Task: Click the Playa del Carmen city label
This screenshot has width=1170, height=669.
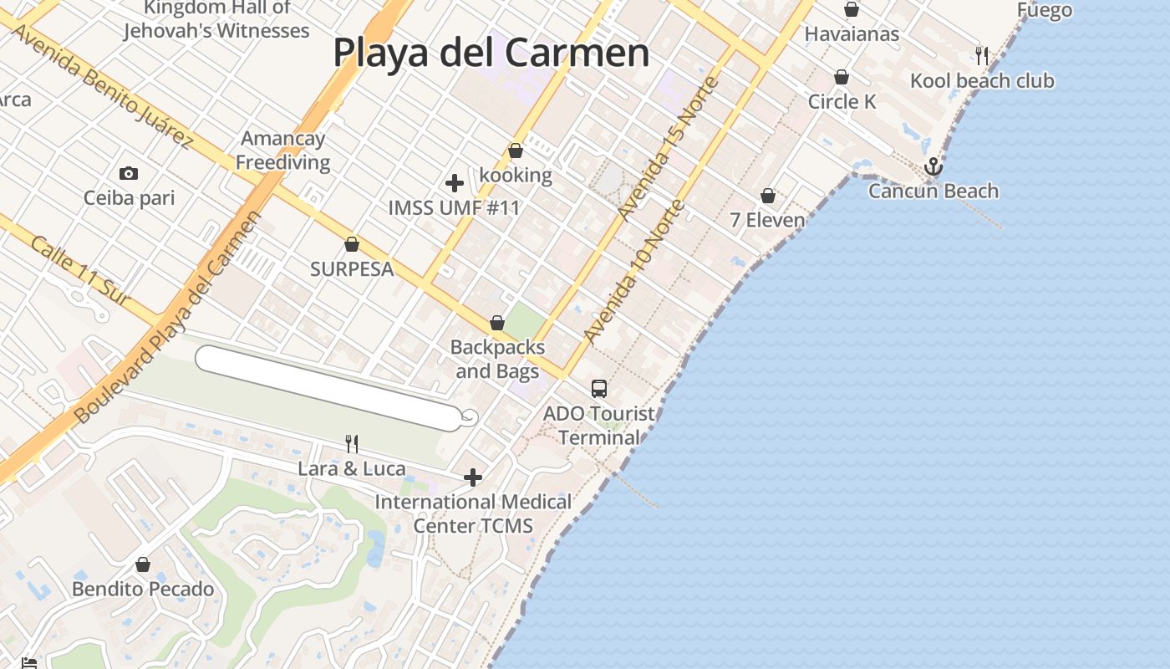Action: (x=491, y=52)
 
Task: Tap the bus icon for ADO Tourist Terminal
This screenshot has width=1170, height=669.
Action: (x=599, y=388)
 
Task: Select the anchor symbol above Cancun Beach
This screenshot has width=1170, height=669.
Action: (x=933, y=167)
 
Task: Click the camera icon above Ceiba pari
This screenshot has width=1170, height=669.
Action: (x=129, y=173)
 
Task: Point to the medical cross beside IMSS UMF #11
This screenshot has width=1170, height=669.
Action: (x=455, y=182)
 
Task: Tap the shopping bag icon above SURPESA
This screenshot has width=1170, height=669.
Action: (x=352, y=244)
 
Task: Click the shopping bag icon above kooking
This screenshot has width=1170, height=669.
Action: (x=516, y=151)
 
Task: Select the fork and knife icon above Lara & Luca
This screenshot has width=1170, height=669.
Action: (x=352, y=443)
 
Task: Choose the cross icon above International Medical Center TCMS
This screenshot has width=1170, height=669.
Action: (x=473, y=477)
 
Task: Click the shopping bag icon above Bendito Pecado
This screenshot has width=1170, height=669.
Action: (x=143, y=564)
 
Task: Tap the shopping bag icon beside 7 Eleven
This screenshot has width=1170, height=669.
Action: (x=768, y=196)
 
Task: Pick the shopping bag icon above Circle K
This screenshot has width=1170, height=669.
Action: (x=842, y=77)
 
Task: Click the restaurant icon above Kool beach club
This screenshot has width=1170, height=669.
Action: (x=982, y=56)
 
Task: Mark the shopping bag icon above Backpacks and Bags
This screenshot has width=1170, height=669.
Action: (x=497, y=323)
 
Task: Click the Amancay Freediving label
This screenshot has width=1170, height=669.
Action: (x=282, y=151)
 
